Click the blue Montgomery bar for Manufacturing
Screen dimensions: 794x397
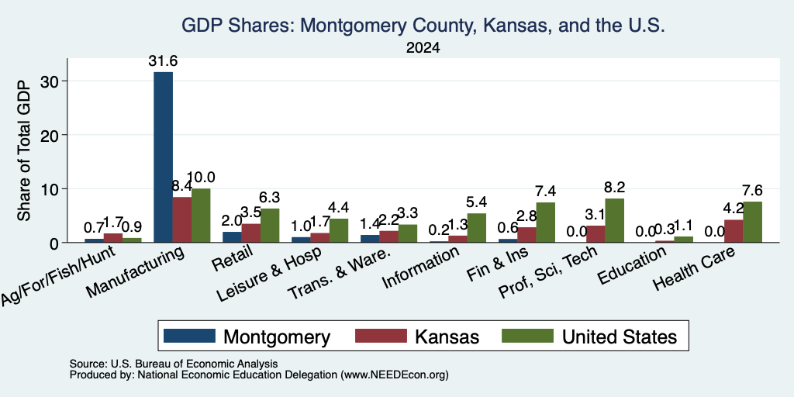click(x=163, y=157)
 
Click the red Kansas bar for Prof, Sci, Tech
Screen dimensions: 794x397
click(x=595, y=234)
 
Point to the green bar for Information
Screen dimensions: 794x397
click(x=477, y=228)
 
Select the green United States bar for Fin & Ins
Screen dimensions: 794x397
click(x=545, y=223)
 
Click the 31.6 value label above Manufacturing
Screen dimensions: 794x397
click(x=163, y=61)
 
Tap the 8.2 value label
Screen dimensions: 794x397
click(x=615, y=188)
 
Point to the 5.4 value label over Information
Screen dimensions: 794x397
click(x=477, y=202)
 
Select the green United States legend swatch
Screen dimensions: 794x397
click(x=527, y=336)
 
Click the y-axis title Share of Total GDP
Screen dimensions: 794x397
click(x=24, y=151)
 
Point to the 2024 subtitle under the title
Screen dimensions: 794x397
click(x=423, y=48)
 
